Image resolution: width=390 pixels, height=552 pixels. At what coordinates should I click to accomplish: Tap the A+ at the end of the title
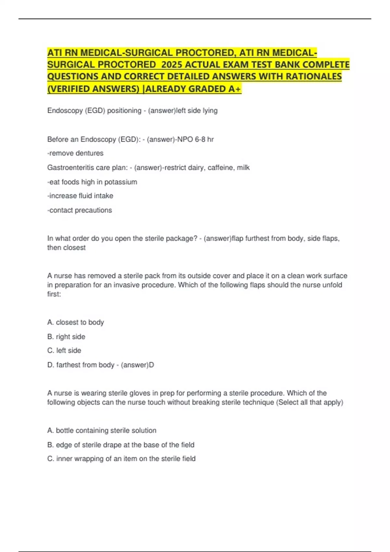(235, 89)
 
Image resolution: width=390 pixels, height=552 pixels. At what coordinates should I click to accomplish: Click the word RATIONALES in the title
(314, 77)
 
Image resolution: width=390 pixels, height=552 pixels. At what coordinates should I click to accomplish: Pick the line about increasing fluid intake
(80, 196)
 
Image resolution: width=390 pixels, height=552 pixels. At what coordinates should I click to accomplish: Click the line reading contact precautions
(80, 210)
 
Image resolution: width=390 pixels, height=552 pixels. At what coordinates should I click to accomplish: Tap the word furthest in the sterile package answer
(257, 239)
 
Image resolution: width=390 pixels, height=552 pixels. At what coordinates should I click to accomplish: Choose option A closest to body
(75, 322)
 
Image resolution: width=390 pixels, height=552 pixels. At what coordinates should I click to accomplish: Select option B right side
(66, 337)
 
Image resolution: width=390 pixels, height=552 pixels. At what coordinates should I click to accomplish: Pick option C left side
(64, 351)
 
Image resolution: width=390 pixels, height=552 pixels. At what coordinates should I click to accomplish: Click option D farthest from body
(81, 365)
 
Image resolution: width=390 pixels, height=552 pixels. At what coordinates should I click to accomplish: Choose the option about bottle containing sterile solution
(102, 431)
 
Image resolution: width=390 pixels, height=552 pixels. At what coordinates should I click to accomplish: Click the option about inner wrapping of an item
(121, 459)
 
